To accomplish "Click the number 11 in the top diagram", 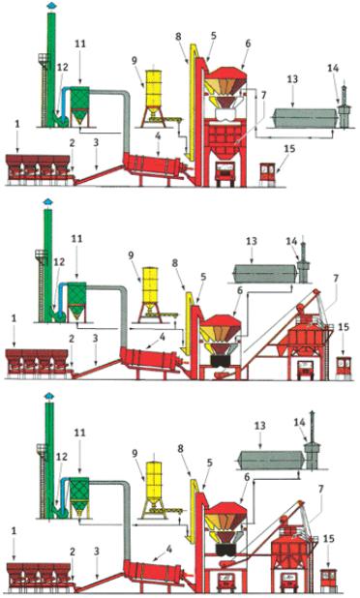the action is [80, 45].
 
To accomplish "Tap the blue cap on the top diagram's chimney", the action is [50, 6].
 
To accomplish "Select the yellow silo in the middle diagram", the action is [150, 286].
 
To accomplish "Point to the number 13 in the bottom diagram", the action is [259, 426].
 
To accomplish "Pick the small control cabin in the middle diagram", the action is [345, 367].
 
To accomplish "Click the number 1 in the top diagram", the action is [16, 125].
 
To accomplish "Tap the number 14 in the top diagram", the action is [333, 69].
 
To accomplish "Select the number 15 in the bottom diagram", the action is [329, 540].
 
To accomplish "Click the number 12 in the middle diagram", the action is [58, 263].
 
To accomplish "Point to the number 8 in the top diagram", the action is [178, 37].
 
